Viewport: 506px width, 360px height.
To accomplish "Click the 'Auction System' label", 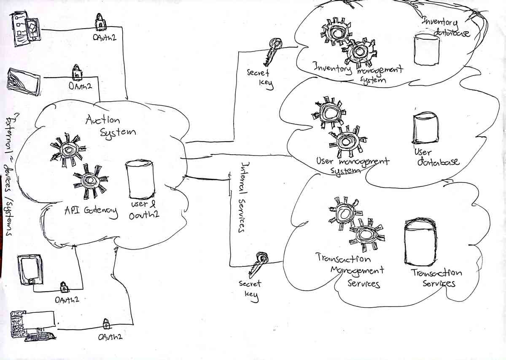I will pyautogui.click(x=110, y=126).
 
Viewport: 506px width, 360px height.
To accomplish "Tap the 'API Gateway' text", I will pyautogui.click(x=91, y=211).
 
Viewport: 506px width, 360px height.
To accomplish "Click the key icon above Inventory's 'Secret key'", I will pyautogui.click(x=272, y=51).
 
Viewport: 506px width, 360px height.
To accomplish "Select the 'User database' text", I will pyautogui.click(x=436, y=156).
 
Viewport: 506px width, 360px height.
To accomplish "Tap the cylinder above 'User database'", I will pyautogui.click(x=423, y=128).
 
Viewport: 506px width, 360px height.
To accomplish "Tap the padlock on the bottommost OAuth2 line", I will pyautogui.click(x=106, y=324).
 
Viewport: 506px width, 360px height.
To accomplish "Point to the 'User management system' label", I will pyautogui.click(x=352, y=164).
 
